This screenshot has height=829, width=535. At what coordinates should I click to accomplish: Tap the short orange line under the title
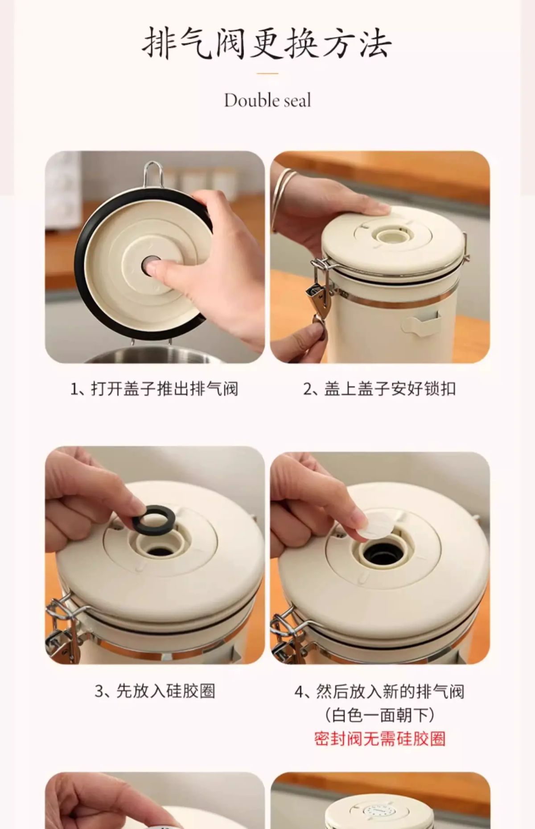(267, 73)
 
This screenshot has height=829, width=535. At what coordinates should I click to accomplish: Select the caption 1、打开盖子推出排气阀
(154, 388)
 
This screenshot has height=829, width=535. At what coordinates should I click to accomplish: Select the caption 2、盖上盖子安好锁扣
(379, 388)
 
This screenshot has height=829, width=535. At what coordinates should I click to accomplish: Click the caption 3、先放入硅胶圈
(155, 691)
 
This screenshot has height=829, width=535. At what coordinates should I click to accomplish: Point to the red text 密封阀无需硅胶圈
(380, 739)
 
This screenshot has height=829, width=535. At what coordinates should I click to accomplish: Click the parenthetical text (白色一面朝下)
(380, 715)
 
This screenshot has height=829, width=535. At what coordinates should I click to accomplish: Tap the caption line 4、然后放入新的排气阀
(380, 691)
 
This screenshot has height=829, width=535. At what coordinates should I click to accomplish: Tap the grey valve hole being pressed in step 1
(150, 265)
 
